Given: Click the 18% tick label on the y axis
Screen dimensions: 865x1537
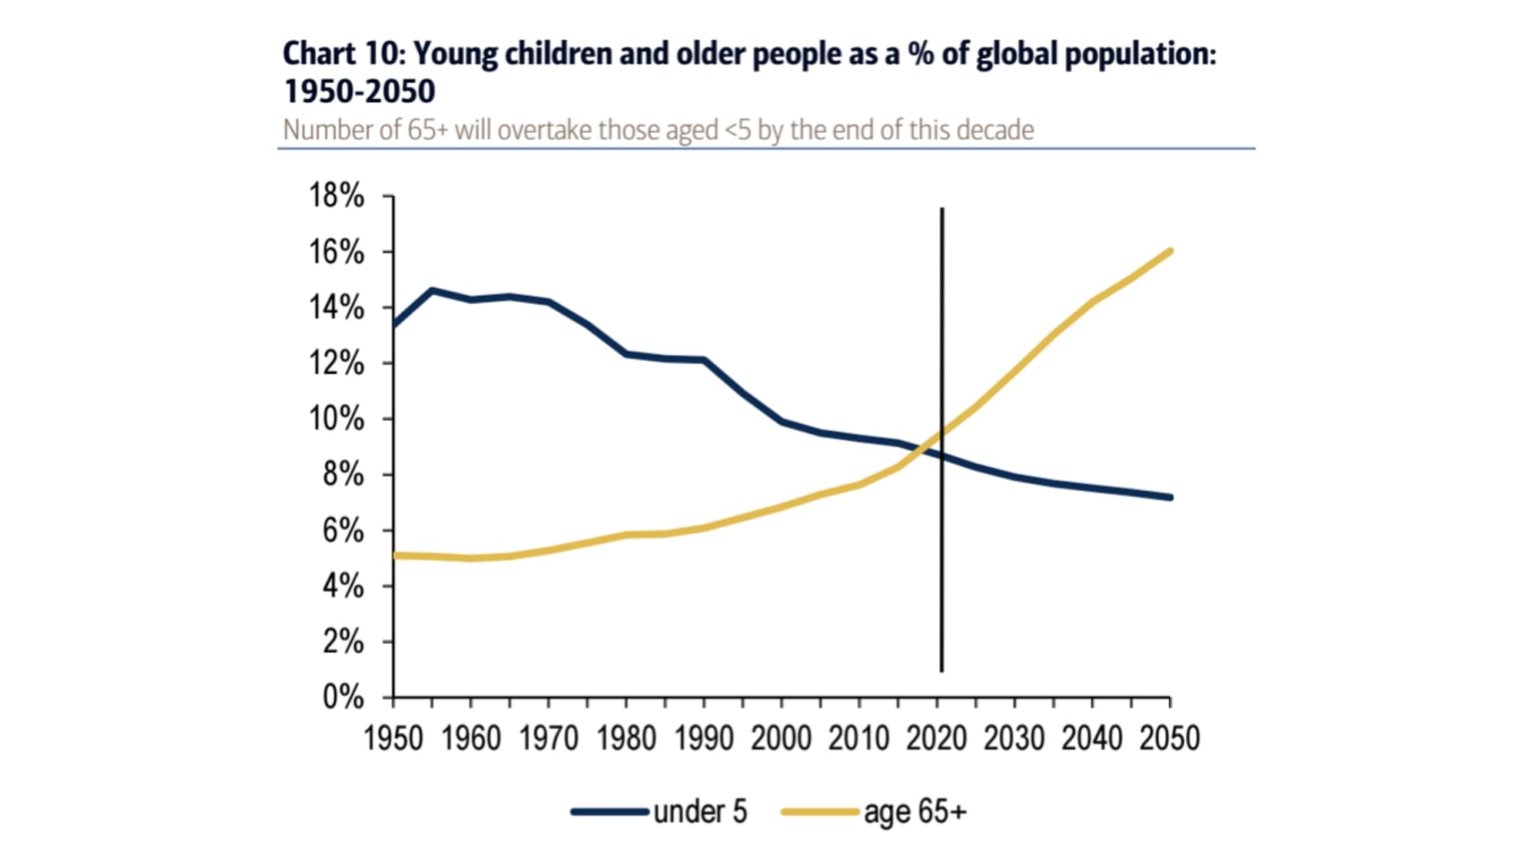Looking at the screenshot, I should click(337, 196).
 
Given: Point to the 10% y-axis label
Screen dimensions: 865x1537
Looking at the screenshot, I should click(337, 419).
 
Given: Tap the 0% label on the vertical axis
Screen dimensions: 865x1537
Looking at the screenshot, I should click(343, 697).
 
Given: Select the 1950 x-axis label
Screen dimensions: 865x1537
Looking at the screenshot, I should click(393, 738).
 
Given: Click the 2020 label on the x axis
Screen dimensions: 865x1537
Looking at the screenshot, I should click(937, 738).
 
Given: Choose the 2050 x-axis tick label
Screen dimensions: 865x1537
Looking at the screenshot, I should click(1170, 738).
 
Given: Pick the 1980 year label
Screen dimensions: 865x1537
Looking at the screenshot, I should click(626, 738).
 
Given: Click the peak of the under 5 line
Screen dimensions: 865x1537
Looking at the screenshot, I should click(432, 290).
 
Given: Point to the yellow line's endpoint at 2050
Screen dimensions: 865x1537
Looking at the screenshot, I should click(1170, 251).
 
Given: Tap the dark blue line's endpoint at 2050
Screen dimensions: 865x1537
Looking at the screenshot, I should click(1170, 498).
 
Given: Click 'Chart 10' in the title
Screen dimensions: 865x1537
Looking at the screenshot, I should click(341, 54).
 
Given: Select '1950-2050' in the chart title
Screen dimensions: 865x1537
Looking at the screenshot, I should click(360, 91).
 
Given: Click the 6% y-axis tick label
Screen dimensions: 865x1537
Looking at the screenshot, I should click(343, 530).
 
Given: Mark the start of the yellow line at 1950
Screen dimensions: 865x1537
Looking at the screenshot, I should click(395, 555).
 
